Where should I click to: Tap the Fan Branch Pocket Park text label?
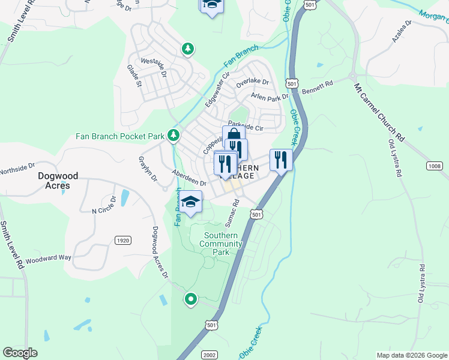119,136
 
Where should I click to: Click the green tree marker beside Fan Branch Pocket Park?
173,136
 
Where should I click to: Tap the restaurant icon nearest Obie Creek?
281,160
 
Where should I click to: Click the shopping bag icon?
233,136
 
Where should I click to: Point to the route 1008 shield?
435,166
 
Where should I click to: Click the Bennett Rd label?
317,88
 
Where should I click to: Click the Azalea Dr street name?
402,31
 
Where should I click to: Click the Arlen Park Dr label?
270,97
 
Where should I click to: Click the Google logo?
20,353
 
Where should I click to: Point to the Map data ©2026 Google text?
411,355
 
